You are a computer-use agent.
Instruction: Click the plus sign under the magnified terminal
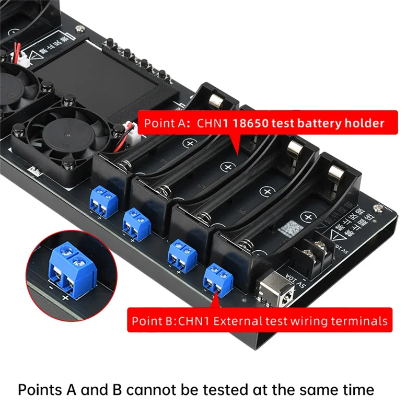(66, 298)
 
